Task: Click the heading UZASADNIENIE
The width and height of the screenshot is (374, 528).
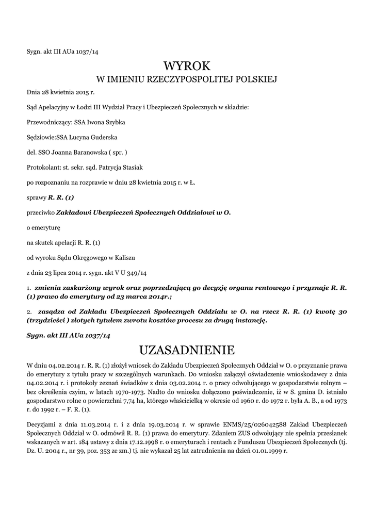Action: tap(187, 350)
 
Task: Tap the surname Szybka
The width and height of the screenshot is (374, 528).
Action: tap(113, 122)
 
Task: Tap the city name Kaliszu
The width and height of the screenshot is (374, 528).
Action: tap(124, 257)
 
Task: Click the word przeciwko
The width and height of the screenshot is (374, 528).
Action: tap(40, 212)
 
